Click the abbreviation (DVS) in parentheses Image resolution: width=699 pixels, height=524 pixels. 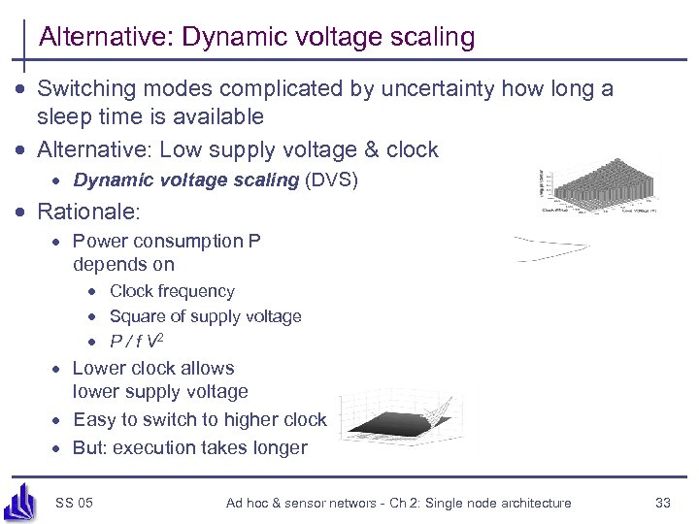tap(331, 180)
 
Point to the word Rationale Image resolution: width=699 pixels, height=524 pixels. tap(86, 211)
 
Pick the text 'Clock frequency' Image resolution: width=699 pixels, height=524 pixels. tap(172, 291)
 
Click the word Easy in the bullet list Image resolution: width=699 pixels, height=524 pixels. tap(94, 419)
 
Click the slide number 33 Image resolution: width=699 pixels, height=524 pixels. tap(663, 502)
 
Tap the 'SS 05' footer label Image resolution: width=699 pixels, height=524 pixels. tap(75, 502)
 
